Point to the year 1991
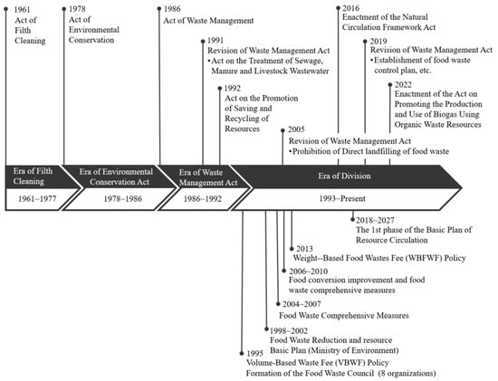(x=217, y=41)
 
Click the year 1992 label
(x=233, y=89)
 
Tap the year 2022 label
(x=404, y=84)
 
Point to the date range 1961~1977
(x=32, y=204)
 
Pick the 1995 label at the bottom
(x=257, y=355)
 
